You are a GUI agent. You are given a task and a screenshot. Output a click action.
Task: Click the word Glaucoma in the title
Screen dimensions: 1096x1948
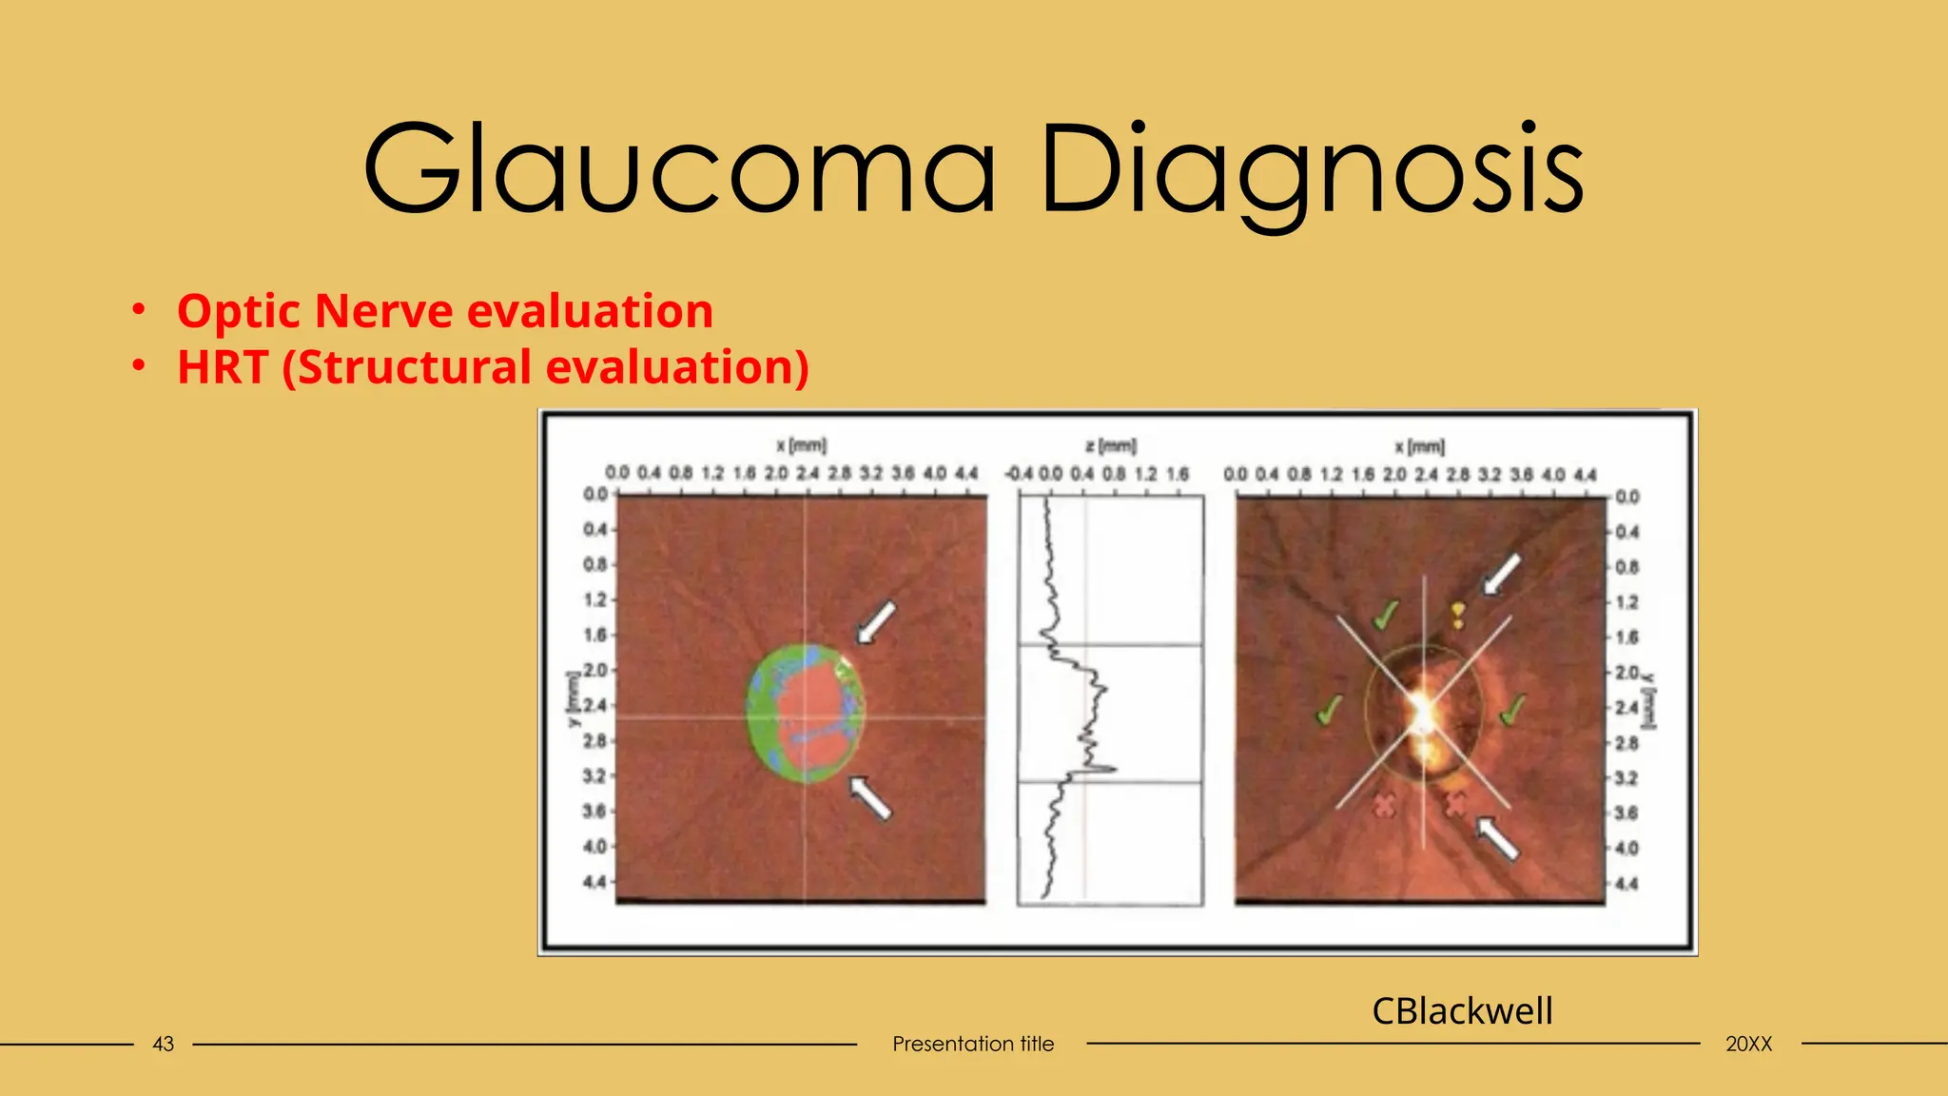[679, 169]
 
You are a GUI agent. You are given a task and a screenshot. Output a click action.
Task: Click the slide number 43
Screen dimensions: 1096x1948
[164, 1044]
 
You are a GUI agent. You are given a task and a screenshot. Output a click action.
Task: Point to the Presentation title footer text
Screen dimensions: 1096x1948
[973, 1044]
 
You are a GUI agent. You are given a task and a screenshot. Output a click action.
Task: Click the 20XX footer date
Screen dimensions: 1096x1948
[1748, 1044]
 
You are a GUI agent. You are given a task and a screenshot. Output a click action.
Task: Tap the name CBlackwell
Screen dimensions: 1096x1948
[1462, 1010]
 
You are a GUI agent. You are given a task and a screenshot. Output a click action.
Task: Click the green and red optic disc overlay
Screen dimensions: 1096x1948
[807, 714]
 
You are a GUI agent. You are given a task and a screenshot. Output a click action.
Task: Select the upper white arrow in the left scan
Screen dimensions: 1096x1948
[876, 622]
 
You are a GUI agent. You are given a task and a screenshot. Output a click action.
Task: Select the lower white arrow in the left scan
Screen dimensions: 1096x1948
[870, 796]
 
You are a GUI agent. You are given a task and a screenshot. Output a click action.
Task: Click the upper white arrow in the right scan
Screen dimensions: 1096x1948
[1502, 574]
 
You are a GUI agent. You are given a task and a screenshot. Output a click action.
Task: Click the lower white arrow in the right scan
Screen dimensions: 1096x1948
[1497, 838]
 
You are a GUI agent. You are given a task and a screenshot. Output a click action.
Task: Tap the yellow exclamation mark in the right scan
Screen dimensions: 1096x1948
[1458, 615]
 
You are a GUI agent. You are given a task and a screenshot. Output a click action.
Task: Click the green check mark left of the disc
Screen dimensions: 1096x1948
[1329, 709]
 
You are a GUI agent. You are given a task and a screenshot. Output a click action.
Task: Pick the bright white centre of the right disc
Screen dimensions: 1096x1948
[1422, 710]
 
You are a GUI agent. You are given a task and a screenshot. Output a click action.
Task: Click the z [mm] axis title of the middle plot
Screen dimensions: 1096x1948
[1110, 445]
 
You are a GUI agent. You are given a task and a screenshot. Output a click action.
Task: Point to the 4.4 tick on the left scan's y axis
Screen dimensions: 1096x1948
[594, 882]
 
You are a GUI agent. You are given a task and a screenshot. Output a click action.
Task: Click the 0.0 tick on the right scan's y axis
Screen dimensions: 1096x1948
[1627, 497]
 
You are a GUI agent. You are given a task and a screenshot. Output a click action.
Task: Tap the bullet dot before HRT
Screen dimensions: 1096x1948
[139, 366]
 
